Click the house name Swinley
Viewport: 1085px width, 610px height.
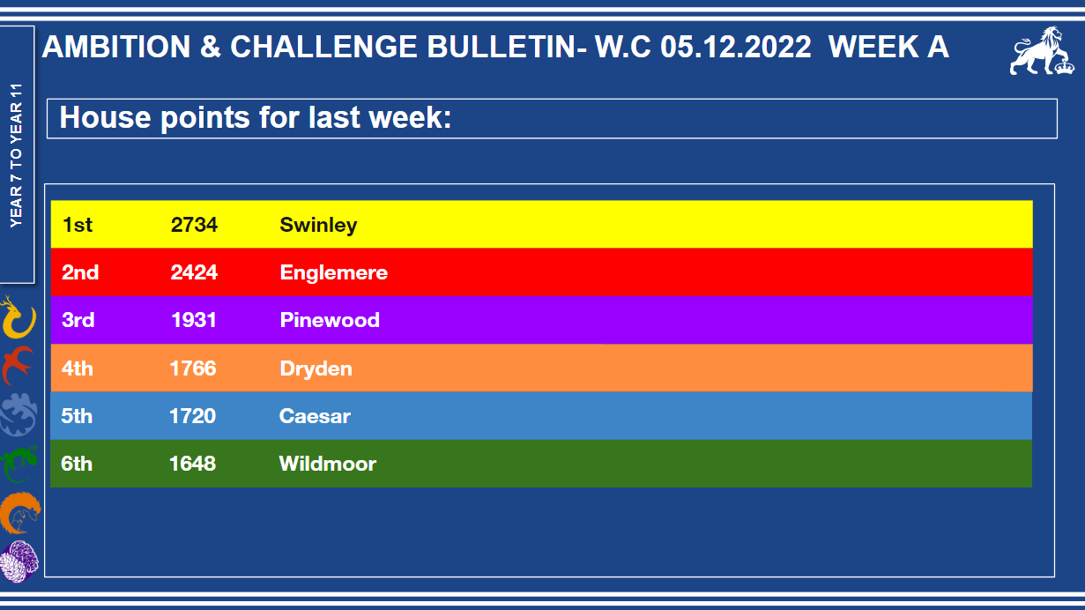(x=318, y=226)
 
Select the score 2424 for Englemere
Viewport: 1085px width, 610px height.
(x=194, y=272)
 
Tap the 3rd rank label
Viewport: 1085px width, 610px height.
(x=78, y=320)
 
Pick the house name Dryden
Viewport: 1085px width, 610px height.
(x=316, y=368)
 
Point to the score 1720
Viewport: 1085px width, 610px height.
(x=192, y=416)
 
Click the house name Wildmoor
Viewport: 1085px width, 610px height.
(x=327, y=464)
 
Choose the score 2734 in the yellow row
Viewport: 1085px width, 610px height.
(x=194, y=225)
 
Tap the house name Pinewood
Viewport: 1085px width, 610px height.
(x=330, y=320)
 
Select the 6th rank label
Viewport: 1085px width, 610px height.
(x=77, y=464)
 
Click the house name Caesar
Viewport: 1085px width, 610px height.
(x=315, y=416)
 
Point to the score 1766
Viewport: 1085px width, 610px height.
(x=193, y=368)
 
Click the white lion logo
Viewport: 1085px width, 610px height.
(x=1042, y=50)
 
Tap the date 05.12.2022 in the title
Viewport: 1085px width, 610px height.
(x=735, y=47)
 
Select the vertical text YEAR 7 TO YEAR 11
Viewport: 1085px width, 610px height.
(x=16, y=155)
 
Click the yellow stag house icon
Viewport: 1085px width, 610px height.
(x=18, y=317)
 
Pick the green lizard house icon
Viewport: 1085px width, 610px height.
(x=19, y=464)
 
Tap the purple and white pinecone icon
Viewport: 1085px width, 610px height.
(x=19, y=561)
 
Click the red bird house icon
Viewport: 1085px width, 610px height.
(x=18, y=364)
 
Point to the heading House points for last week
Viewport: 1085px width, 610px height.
(x=256, y=118)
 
